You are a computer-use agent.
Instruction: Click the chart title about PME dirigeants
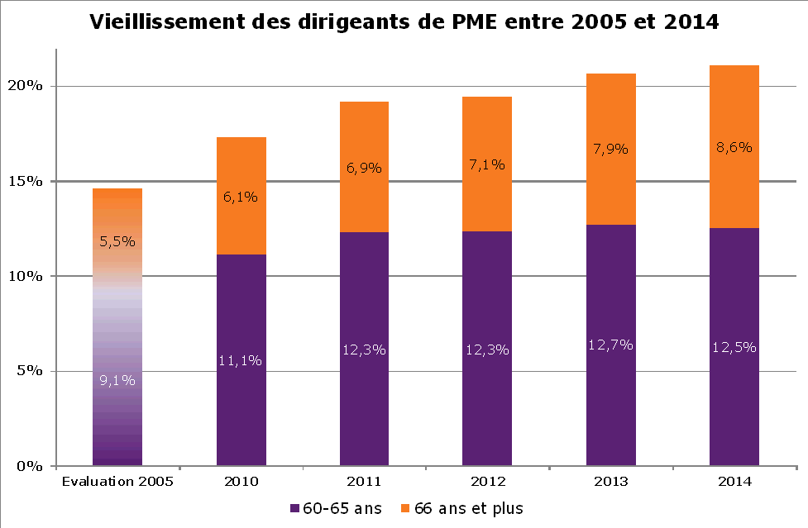click(404, 23)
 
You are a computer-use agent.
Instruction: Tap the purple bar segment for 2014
click(734, 397)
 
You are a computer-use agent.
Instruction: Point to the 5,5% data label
click(117, 242)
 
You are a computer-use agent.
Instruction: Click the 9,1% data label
click(117, 380)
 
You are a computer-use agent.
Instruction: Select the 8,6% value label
click(734, 148)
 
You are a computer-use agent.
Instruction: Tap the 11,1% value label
click(241, 360)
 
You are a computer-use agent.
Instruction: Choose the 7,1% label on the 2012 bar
click(487, 165)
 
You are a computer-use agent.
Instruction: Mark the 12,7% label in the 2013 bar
click(610, 345)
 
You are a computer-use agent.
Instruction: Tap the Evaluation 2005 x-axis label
click(117, 482)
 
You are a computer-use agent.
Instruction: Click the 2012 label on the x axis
click(487, 482)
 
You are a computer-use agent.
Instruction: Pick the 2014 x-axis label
click(734, 482)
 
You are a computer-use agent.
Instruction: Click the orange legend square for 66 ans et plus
click(405, 508)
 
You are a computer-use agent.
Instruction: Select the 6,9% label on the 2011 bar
click(364, 169)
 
